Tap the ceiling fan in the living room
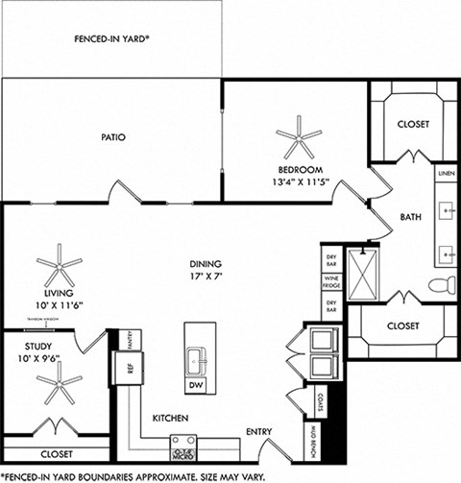tap(60, 265)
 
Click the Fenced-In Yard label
tap(118, 39)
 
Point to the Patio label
tap(113, 136)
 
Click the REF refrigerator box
tap(124, 366)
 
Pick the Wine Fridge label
tap(331, 283)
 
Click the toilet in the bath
tap(441, 284)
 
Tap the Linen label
tap(446, 174)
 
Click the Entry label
tap(258, 431)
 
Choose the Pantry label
tap(133, 339)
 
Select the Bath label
tap(411, 216)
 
